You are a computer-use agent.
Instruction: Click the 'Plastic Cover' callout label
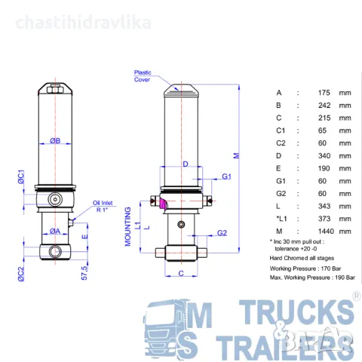click(x=142, y=75)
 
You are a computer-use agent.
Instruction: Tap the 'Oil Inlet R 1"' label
click(x=103, y=207)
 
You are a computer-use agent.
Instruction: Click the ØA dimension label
click(x=56, y=231)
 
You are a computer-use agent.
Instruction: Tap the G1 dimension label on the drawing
click(x=226, y=176)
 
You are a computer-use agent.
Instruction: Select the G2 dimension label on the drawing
click(x=222, y=233)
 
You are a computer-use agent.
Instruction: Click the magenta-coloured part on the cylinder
click(x=161, y=202)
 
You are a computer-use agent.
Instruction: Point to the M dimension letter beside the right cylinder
click(x=235, y=156)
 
